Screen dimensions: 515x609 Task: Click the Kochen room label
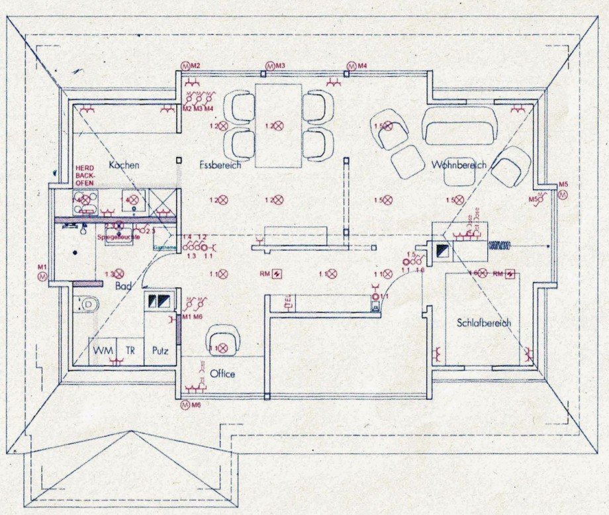(124, 165)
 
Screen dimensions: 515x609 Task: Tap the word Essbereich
(220, 165)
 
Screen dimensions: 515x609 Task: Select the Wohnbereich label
(459, 164)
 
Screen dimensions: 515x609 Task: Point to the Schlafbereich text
(483, 322)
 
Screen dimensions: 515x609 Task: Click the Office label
(222, 374)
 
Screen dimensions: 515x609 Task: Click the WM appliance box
(103, 350)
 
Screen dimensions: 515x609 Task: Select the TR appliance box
(130, 350)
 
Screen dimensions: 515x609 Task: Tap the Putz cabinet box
(160, 350)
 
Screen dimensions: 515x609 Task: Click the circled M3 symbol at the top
(269, 66)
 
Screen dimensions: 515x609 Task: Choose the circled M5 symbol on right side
(563, 195)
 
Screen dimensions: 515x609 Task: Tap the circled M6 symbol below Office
(185, 404)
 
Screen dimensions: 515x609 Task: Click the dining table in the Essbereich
(278, 126)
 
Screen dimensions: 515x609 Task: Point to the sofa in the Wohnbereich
(459, 126)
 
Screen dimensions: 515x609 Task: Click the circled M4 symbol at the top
(351, 66)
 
